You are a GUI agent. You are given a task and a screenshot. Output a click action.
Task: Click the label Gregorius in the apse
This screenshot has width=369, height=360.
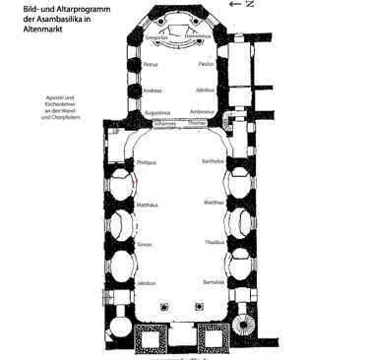click(x=157, y=38)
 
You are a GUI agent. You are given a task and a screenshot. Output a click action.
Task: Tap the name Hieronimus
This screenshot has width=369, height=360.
click(x=200, y=38)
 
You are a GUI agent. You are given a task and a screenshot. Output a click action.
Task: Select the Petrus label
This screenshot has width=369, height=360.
click(x=151, y=65)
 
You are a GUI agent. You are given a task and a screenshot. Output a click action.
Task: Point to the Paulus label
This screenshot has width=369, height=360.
click(x=206, y=65)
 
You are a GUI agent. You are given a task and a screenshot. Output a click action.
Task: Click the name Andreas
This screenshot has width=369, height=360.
click(x=153, y=91)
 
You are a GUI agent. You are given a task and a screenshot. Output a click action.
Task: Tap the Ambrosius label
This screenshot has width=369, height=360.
click(x=203, y=113)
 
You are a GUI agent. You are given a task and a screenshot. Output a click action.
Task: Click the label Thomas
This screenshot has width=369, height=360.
click(x=198, y=125)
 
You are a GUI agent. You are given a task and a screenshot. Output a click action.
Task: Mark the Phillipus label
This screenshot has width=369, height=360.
click(x=147, y=160)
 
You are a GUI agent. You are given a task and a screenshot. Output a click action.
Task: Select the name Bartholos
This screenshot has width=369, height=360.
click(x=214, y=160)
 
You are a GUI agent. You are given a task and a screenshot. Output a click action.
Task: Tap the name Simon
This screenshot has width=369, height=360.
click(x=145, y=244)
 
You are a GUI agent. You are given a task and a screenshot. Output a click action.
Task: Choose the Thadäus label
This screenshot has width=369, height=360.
click(x=215, y=242)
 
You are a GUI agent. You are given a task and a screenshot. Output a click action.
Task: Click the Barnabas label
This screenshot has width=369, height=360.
click(x=215, y=282)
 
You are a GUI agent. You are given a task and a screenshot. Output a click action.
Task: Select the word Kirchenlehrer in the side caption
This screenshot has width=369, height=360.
click(x=61, y=106)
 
